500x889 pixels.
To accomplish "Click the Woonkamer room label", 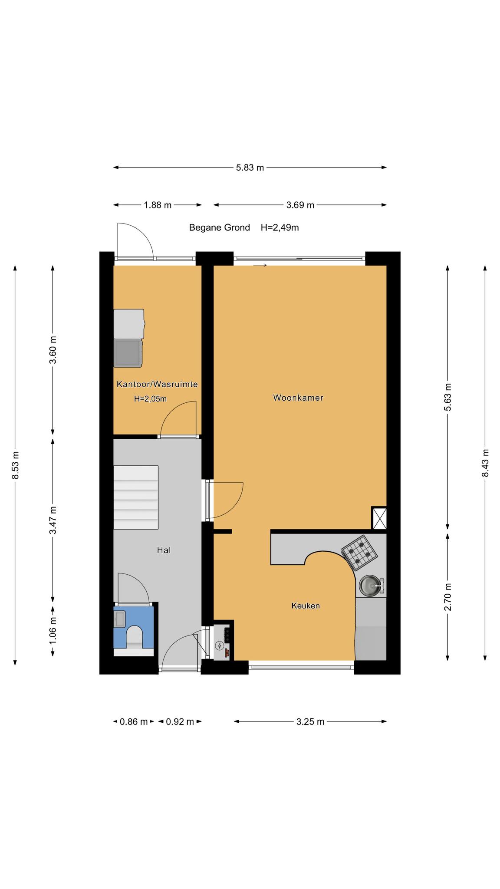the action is click(298, 398).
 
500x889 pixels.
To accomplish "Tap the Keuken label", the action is click(306, 606).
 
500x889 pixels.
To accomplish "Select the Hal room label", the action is click(164, 550).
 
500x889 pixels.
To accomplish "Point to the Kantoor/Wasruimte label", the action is click(157, 384).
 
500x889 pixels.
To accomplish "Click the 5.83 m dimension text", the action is click(250, 168).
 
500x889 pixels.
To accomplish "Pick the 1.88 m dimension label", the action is click(158, 205).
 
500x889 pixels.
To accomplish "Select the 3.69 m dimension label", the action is click(300, 205).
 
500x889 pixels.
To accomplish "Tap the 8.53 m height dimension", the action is click(15, 465).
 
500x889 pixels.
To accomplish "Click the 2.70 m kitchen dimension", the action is click(447, 597).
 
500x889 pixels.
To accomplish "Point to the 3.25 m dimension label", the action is click(310, 721).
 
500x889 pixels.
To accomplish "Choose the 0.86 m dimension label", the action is click(134, 721).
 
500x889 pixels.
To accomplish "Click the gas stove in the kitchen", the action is click(359, 552).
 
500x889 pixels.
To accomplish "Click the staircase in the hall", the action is click(135, 497).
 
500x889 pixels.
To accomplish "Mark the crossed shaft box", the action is click(379, 518).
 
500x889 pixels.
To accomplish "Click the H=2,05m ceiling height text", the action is click(150, 399).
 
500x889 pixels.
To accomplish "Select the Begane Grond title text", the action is click(219, 227).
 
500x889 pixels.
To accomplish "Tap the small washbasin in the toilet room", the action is click(119, 619).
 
